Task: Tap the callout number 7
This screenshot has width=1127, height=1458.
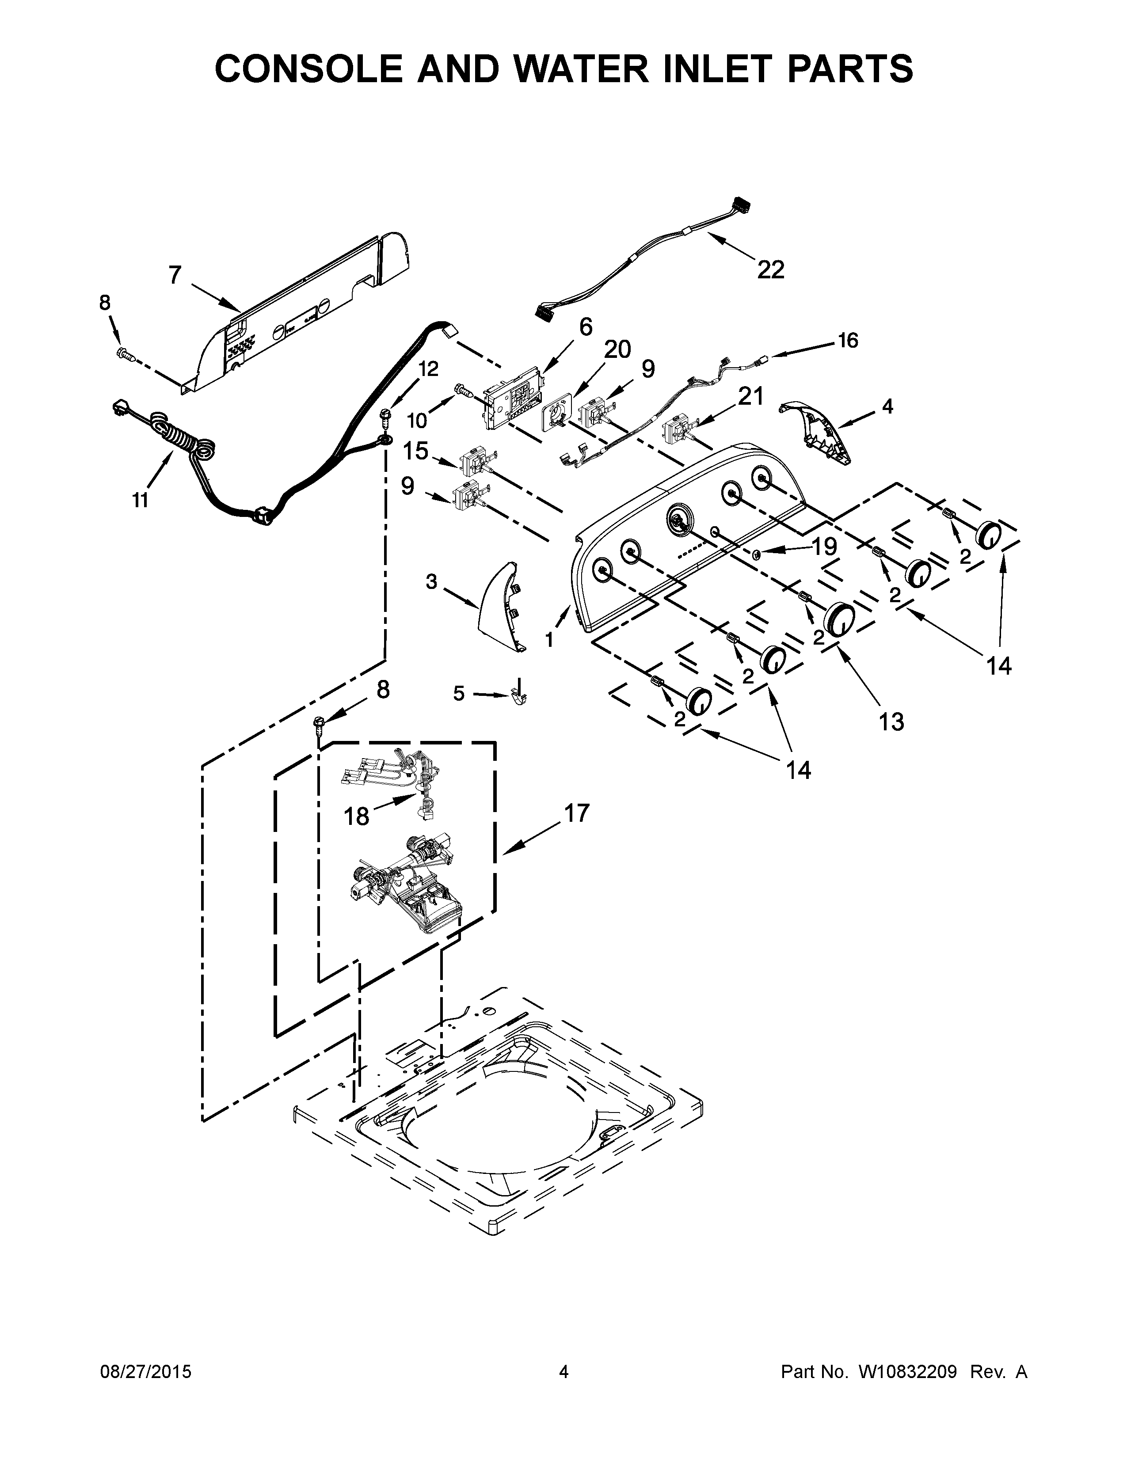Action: click(x=175, y=274)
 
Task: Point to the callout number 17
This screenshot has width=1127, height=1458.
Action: click(x=577, y=813)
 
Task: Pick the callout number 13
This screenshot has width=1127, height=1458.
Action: click(x=891, y=721)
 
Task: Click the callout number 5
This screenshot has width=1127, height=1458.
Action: click(x=459, y=694)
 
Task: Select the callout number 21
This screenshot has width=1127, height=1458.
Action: click(x=750, y=397)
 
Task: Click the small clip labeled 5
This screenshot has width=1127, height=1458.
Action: click(x=519, y=695)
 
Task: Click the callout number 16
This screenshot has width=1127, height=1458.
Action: click(x=848, y=341)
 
